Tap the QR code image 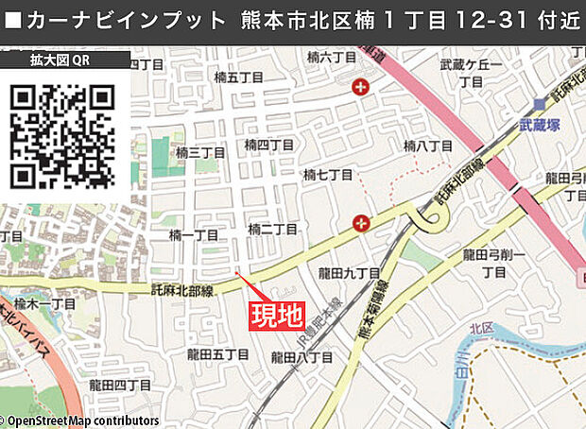point(62,134)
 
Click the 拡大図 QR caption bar point(64,61)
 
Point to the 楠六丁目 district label point(332,59)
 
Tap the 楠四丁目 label point(269,145)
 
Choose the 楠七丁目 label point(327,176)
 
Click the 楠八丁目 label point(428,146)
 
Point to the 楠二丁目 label point(272,230)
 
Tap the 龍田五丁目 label point(217,354)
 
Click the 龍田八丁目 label point(302,358)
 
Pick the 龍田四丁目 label point(120,386)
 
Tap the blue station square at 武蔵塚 point(539,104)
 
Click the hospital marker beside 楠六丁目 point(359,88)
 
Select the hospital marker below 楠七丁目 point(359,223)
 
